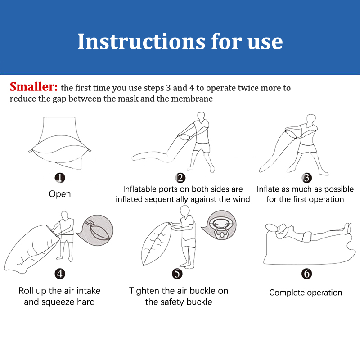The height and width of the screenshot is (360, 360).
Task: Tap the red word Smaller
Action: pyautogui.click(x=33, y=87)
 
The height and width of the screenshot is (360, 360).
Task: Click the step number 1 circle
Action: pyautogui.click(x=60, y=178)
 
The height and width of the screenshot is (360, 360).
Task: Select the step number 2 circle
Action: pyautogui.click(x=180, y=178)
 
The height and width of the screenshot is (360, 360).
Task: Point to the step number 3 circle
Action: pyautogui.click(x=307, y=178)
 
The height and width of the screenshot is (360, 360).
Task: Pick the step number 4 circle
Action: pyautogui.click(x=60, y=274)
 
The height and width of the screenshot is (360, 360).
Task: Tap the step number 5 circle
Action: pyautogui.click(x=177, y=274)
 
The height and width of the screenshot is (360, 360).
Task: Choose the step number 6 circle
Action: pyautogui.click(x=307, y=274)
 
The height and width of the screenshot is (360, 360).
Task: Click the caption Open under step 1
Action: pyautogui.click(x=60, y=194)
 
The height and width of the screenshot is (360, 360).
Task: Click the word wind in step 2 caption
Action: pyautogui.click(x=241, y=199)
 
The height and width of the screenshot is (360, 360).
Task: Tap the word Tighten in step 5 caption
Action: pyautogui.click(x=144, y=291)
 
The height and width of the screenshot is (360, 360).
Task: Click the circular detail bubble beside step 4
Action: pyautogui.click(x=96, y=230)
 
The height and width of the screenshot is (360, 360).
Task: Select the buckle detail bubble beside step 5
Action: pyautogui.click(x=220, y=225)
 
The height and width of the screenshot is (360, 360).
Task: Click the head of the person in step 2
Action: pyautogui.click(x=201, y=117)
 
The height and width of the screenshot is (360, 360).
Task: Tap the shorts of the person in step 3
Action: pyautogui.click(x=307, y=149)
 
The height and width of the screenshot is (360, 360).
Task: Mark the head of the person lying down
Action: pyautogui.click(x=271, y=228)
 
